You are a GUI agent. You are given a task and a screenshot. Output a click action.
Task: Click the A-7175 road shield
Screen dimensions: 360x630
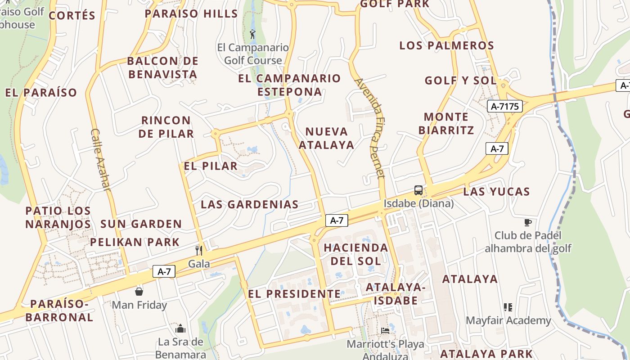[x=504, y=107]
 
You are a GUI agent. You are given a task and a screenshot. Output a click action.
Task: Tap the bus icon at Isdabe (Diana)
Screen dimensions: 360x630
[x=418, y=190]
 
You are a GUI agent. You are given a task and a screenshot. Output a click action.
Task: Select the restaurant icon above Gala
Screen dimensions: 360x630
[x=199, y=250]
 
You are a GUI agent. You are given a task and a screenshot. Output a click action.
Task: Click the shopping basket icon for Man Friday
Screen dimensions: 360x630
[x=139, y=292]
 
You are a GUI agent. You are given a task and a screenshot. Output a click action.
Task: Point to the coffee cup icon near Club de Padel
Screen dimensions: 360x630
[x=528, y=222]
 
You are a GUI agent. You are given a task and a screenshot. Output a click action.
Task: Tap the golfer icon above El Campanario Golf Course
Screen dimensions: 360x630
[x=252, y=34]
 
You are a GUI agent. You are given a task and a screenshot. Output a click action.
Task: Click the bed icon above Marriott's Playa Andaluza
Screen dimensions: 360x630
[x=385, y=331]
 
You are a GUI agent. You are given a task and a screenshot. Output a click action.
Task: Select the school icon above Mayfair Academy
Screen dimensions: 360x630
[x=508, y=307]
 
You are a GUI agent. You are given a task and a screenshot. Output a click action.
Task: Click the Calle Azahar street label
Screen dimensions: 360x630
[x=100, y=159]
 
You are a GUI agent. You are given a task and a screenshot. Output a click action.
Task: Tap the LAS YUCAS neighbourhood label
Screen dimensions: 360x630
[x=496, y=192]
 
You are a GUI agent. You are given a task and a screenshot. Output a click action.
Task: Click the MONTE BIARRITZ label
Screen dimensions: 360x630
[x=446, y=124]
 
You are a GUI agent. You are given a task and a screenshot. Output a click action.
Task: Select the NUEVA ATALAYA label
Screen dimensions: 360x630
[x=327, y=138]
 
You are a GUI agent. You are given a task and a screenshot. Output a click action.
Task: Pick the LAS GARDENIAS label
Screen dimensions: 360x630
[x=250, y=204]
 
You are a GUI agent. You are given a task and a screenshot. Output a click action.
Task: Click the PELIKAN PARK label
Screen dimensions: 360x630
[x=135, y=242]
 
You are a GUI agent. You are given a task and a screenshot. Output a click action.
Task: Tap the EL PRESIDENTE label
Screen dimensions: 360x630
[x=294, y=294]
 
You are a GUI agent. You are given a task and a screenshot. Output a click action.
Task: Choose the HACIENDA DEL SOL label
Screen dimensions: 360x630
[x=355, y=254]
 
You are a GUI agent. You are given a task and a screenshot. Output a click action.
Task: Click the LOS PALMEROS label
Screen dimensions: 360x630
[x=447, y=45]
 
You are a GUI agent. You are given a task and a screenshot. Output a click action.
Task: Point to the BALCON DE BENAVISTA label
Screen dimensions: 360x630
[x=163, y=67]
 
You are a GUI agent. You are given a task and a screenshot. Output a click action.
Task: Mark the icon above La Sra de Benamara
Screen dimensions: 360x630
[x=180, y=328]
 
